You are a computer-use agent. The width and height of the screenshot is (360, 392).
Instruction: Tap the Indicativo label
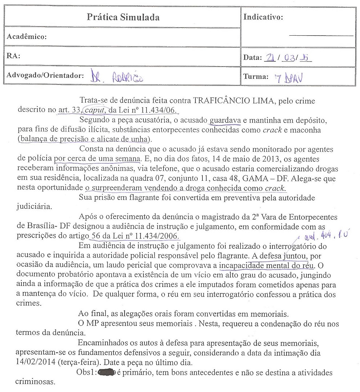(x=263, y=17)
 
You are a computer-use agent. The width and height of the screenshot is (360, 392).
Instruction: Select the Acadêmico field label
(x=27, y=37)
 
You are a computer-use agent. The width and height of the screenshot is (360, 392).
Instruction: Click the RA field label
(x=13, y=56)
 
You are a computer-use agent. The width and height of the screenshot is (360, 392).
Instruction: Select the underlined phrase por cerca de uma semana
(x=97, y=159)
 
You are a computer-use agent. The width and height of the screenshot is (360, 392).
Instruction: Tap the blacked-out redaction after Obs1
(x=105, y=373)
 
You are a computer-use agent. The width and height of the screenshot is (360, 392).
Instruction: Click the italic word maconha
(x=307, y=130)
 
